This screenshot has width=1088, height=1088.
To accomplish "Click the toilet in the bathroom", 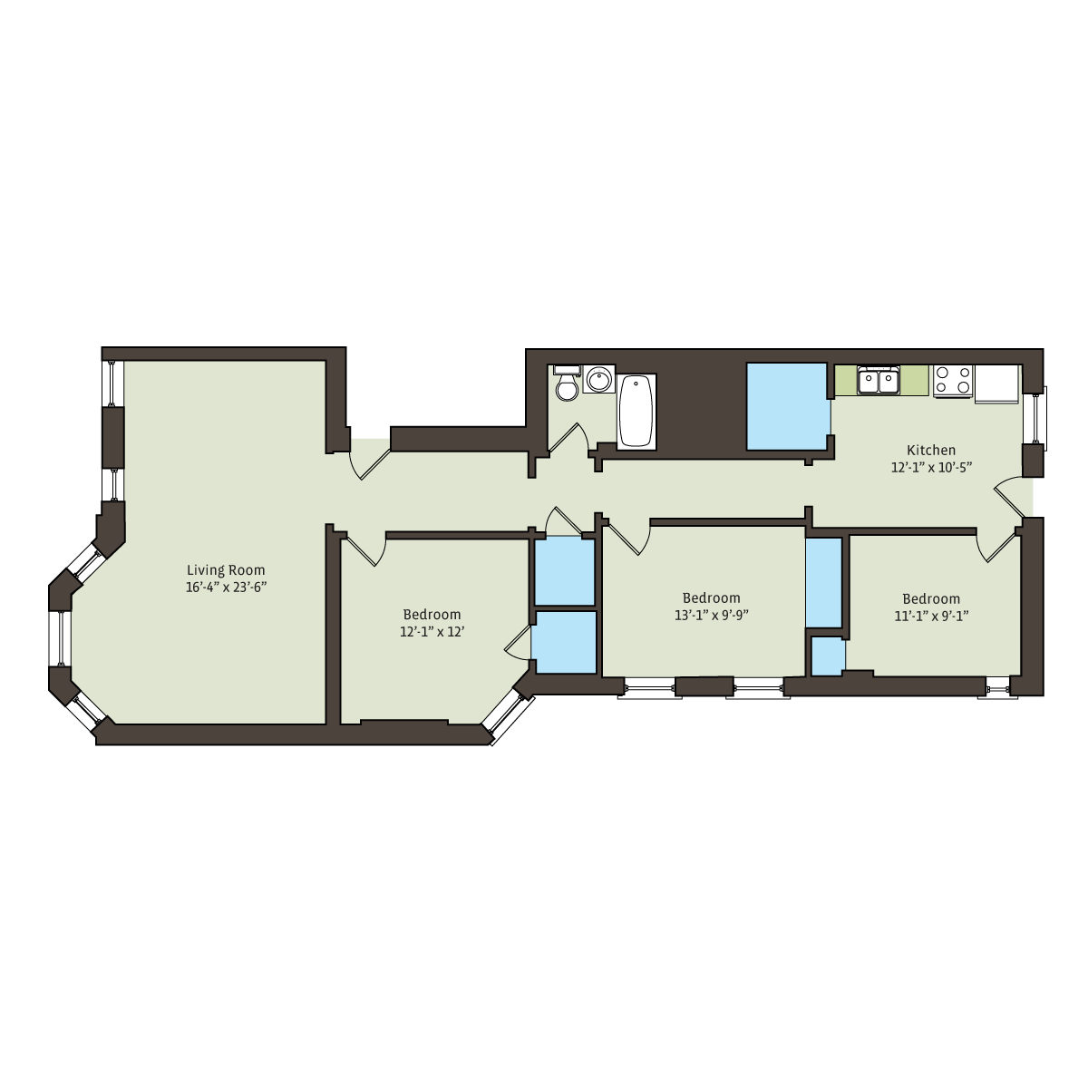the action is (567, 383).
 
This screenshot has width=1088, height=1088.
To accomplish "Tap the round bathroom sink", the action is (599, 379).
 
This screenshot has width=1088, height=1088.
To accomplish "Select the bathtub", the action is (636, 412).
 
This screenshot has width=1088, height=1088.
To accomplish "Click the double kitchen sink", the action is (878, 380).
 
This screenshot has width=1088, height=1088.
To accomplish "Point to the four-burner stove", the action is (953, 380).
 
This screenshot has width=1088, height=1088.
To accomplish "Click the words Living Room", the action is (226, 570).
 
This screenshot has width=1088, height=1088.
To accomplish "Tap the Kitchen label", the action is (931, 450).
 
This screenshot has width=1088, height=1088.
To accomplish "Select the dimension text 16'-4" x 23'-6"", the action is (226, 588).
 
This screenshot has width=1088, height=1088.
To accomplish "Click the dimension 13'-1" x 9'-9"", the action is (712, 615).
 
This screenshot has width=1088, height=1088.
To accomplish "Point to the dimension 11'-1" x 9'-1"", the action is (931, 616).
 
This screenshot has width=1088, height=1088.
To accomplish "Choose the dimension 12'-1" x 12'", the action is (432, 632).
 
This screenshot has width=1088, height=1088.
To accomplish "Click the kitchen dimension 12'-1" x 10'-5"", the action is (931, 468).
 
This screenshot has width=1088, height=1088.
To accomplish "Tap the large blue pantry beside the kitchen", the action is (788, 406).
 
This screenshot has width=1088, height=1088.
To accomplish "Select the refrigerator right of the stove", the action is (997, 384).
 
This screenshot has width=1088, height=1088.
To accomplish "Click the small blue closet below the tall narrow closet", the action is (829, 656).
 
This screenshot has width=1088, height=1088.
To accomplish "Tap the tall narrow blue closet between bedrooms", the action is (824, 582).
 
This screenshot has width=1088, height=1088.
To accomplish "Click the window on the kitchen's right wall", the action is (1035, 418).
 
